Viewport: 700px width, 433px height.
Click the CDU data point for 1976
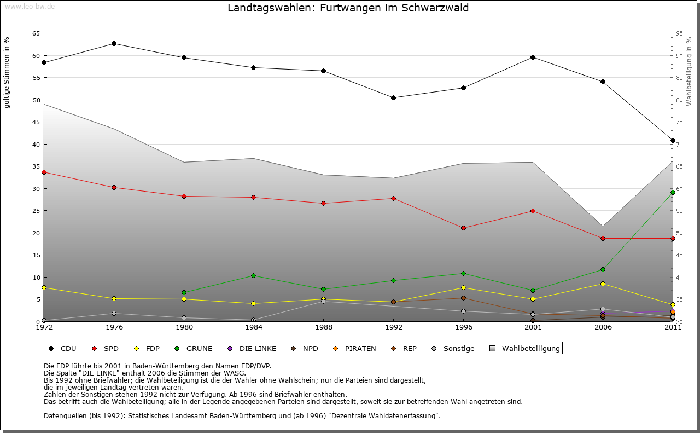(114, 43)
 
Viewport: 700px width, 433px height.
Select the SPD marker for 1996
(463, 228)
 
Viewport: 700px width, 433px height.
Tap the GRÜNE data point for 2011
(673, 192)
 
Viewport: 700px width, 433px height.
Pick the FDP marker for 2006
(603, 284)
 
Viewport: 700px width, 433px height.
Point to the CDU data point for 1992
(393, 97)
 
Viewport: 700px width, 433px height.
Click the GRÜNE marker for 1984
(254, 275)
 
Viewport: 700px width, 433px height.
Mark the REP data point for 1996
(463, 298)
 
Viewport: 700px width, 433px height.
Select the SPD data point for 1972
(44, 172)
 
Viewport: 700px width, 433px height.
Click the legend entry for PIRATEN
(355, 348)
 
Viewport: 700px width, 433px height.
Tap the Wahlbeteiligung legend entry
(526, 348)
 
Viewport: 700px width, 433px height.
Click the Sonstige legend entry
(453, 348)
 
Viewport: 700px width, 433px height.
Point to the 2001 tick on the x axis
(533, 327)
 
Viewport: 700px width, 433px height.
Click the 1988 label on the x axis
(323, 327)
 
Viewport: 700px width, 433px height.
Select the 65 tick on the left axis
(36, 33)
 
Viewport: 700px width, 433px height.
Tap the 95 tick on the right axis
(680, 33)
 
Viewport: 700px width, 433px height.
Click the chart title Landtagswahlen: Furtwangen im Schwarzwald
(348, 8)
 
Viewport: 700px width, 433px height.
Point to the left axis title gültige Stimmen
(7, 72)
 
